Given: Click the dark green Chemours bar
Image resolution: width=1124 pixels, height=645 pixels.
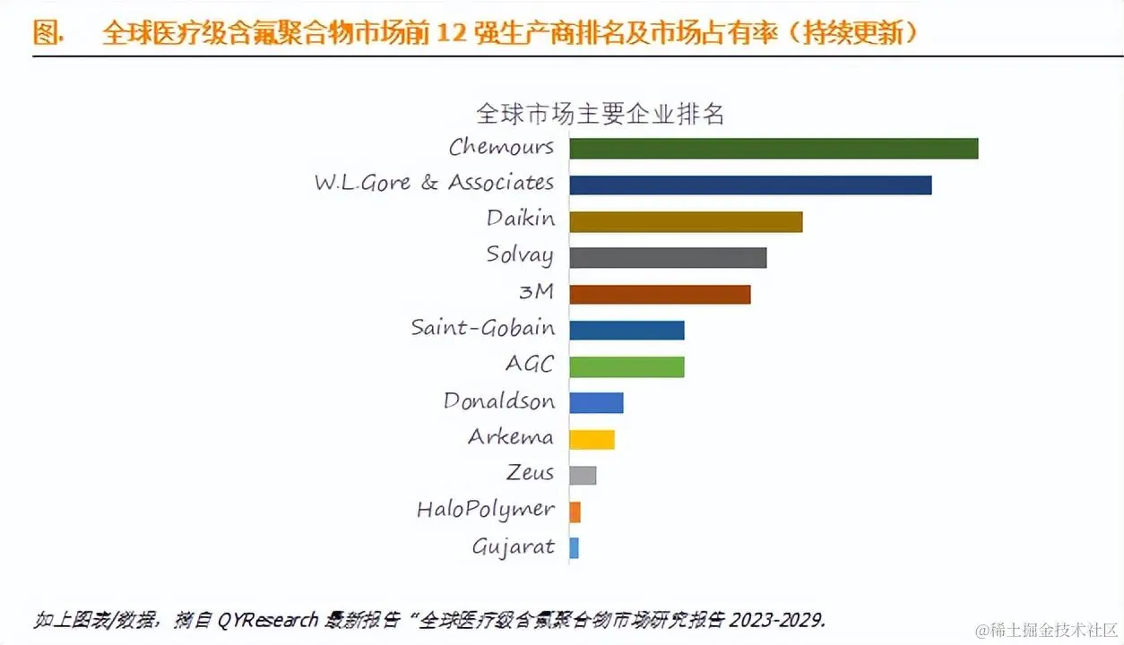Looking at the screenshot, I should pos(773,149).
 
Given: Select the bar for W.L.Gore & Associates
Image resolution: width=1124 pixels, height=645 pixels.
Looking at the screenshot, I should pos(750,185).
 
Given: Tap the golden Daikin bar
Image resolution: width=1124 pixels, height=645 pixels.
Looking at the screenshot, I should pos(686,221).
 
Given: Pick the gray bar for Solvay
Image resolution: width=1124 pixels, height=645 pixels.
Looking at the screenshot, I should pos(668,258).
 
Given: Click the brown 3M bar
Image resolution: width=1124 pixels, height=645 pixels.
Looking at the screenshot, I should pos(660,294).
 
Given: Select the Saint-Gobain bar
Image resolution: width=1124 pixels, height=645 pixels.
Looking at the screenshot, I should pos(627,330).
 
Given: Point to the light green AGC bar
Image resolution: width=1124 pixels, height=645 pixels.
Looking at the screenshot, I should pos(627,366).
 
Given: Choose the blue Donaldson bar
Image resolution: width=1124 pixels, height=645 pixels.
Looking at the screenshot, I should pos(596,403).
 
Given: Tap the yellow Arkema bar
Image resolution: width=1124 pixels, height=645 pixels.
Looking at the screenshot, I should pos(592,439).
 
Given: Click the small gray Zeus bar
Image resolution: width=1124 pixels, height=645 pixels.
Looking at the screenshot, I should pos(583,475).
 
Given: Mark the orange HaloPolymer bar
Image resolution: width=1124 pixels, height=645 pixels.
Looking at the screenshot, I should pos(575,512).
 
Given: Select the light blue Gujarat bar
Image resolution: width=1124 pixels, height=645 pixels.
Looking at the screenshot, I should pos(574,547).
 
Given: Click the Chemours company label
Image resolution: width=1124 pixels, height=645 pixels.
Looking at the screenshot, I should pos(501,147).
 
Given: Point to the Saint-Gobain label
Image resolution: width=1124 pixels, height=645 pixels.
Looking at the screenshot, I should pos(482,328).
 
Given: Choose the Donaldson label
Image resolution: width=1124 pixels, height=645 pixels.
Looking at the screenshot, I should pos(498,401).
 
